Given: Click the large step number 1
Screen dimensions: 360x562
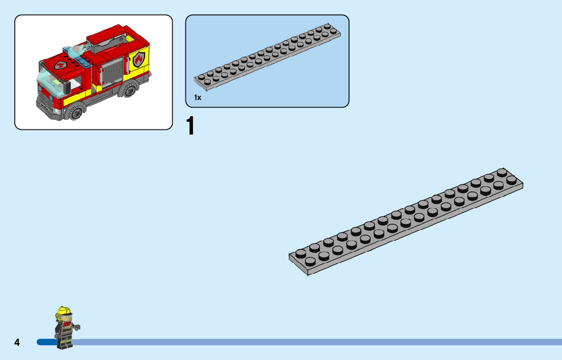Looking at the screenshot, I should point(191,126).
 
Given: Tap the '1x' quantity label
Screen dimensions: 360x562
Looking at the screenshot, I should point(198,97).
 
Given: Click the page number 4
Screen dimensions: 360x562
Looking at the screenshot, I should point(17,342).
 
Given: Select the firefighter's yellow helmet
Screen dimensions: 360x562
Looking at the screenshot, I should point(64,311).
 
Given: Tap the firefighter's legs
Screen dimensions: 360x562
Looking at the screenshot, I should point(65,341).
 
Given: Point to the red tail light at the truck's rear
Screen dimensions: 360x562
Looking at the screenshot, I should point(151,76).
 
